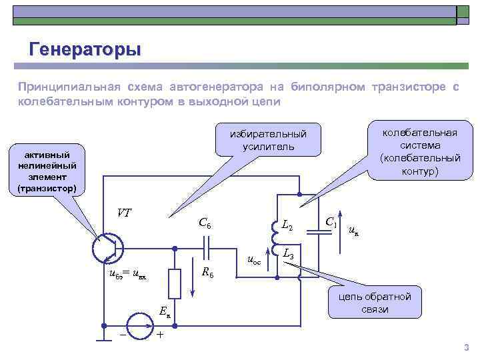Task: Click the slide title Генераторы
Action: point(85,49)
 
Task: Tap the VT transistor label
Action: point(124,213)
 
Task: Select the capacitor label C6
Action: point(205,224)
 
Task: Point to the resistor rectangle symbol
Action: point(175,283)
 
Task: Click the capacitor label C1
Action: point(331,221)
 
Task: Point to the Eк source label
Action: point(165,312)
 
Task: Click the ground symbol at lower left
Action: point(104,339)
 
